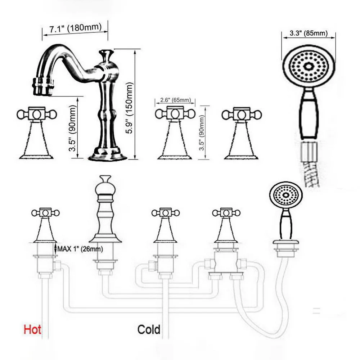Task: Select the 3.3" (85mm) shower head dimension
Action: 308,34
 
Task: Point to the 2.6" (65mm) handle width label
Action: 175,100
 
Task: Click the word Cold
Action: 149,329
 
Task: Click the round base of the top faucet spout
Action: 108,155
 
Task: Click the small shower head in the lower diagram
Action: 286,195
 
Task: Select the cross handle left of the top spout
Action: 37,114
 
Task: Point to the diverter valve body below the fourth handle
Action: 225,263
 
